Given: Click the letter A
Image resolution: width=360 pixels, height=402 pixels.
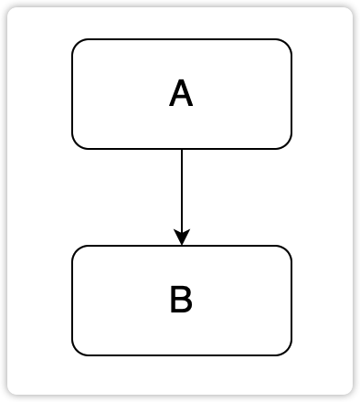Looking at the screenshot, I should (x=181, y=94).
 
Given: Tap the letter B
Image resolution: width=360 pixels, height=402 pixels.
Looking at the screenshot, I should (x=181, y=301).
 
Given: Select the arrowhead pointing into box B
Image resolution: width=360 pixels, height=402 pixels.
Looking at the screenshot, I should (x=182, y=238).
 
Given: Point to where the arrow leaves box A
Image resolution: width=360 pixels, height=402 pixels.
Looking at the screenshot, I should (x=182, y=148).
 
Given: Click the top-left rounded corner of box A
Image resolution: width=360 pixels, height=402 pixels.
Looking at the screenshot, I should (x=77, y=44).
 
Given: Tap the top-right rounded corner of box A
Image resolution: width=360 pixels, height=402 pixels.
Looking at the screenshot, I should (x=287, y=44).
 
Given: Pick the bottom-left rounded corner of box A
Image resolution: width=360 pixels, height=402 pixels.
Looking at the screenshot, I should (x=77, y=143).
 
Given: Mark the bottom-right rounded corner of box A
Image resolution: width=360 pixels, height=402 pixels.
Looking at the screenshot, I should (x=287, y=143).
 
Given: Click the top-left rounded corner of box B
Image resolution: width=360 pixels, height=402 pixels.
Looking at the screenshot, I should (x=77, y=250).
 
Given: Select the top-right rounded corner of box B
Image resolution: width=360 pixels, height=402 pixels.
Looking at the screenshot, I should (x=287, y=250).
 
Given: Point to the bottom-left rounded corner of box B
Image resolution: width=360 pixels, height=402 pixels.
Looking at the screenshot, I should (x=77, y=350).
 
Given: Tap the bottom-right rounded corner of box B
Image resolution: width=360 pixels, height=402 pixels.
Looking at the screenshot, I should (x=287, y=350).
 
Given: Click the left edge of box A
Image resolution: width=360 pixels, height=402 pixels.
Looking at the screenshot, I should (x=72, y=94).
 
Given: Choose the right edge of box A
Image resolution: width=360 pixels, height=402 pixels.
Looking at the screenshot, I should (x=291, y=94).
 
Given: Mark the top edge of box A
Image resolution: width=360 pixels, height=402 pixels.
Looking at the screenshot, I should (x=182, y=39).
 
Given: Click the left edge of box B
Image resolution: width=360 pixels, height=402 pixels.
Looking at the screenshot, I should (x=72, y=301).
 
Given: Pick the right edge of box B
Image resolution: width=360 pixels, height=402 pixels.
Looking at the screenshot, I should (x=291, y=301).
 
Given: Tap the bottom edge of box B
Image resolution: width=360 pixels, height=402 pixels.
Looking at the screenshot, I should (x=182, y=354).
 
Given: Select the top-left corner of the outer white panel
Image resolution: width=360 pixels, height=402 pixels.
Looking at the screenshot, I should (x=10, y=10).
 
